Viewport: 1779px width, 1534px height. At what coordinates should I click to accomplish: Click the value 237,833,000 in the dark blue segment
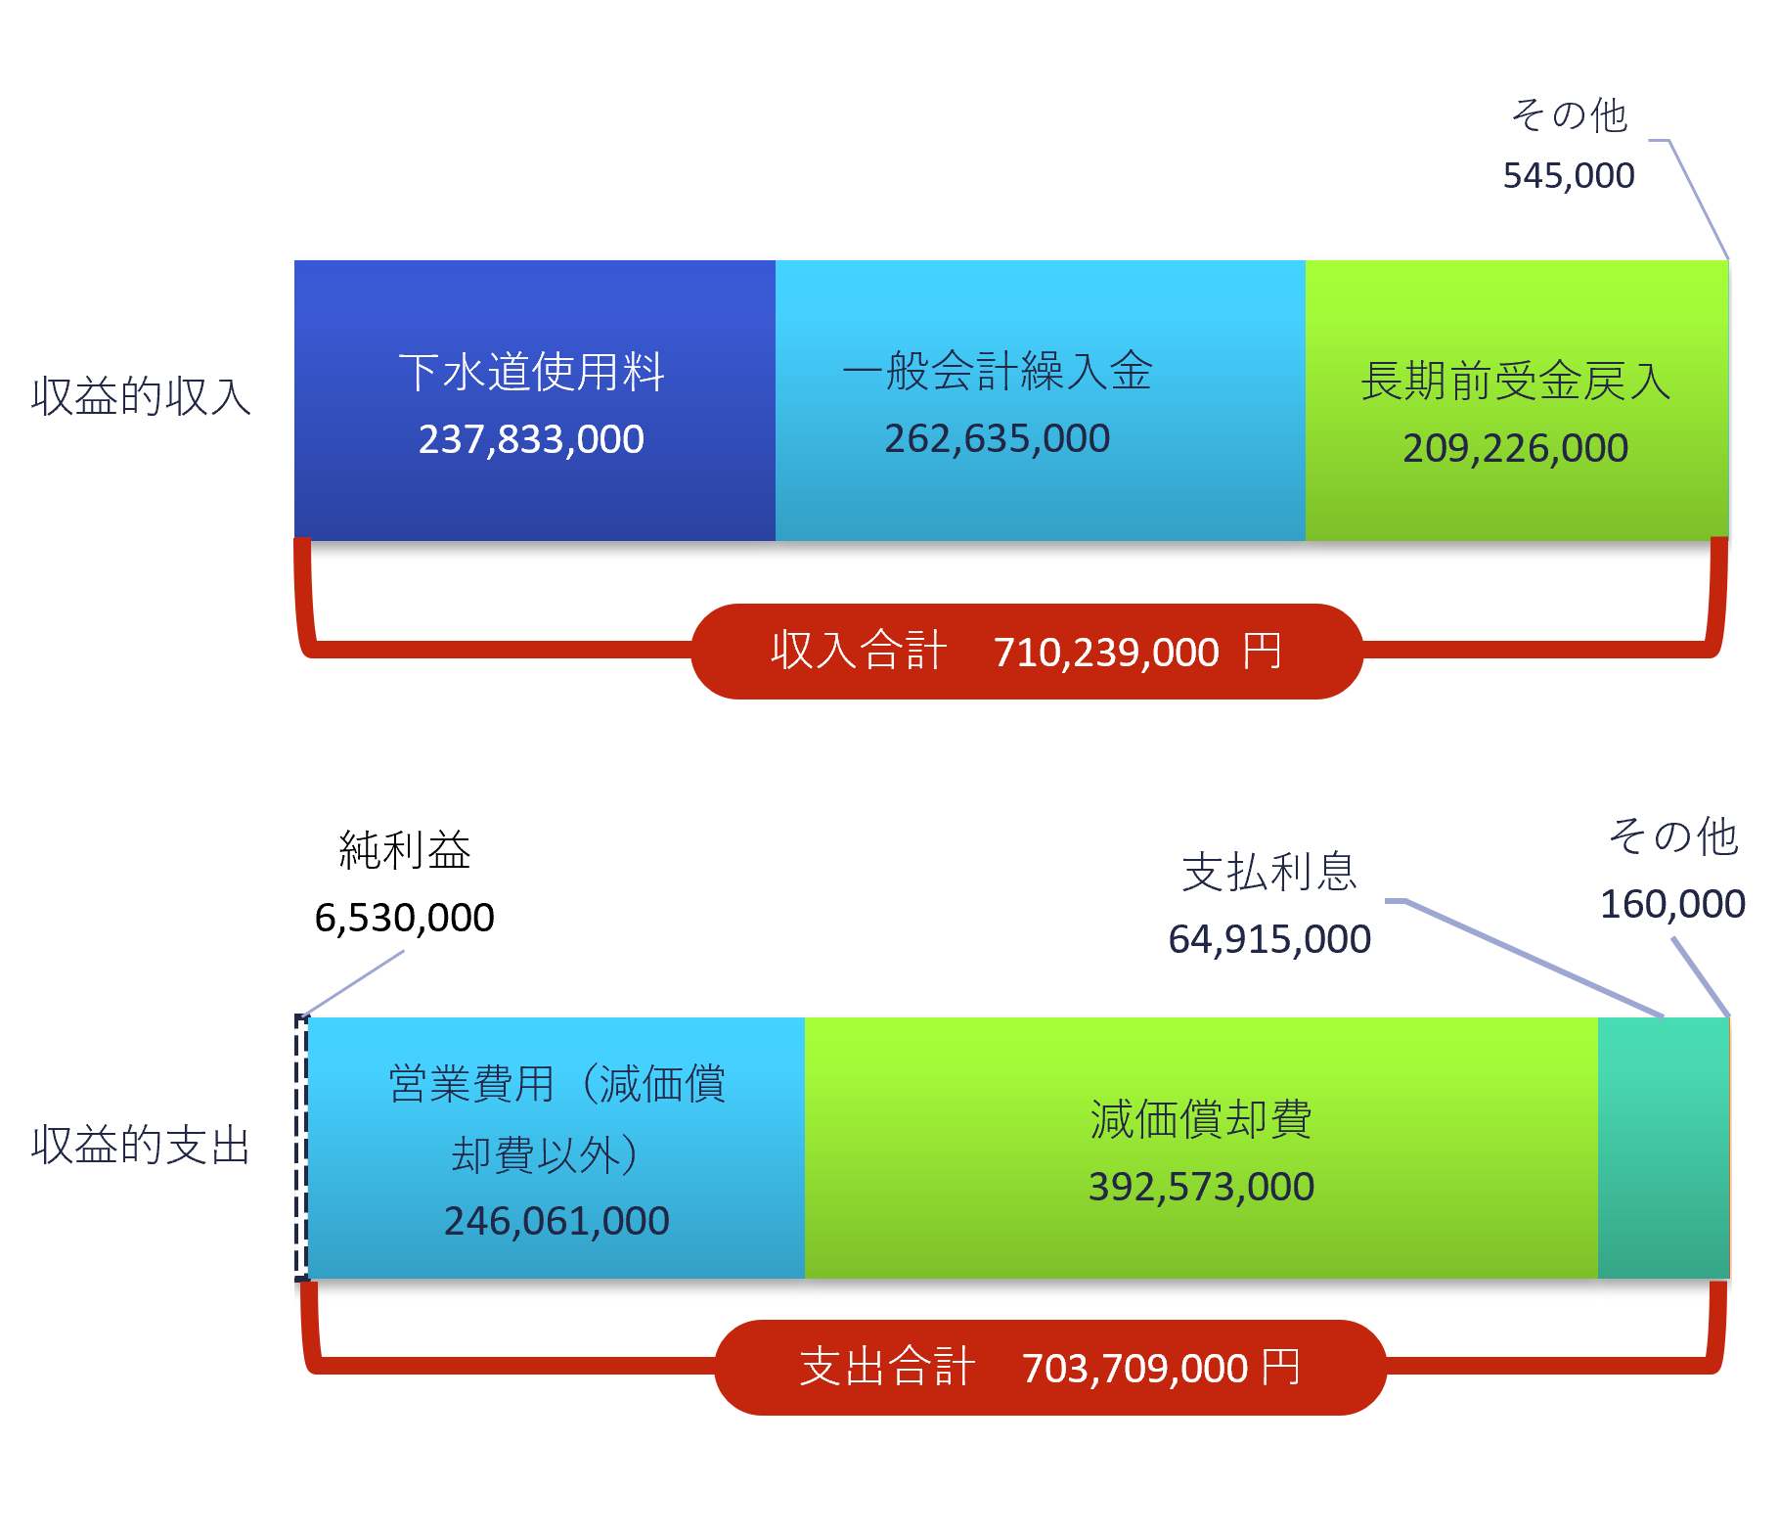click(x=531, y=439)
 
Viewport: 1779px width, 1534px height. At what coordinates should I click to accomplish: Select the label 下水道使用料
click(x=531, y=373)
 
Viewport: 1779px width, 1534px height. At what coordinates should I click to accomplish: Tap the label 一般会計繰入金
click(x=997, y=372)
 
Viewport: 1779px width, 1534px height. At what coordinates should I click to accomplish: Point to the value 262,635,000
click(x=997, y=438)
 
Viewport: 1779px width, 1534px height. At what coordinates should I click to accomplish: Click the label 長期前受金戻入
click(x=1515, y=381)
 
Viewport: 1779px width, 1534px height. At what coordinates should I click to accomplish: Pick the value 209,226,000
click(x=1515, y=448)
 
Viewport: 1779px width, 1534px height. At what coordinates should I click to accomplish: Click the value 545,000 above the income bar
click(x=1568, y=176)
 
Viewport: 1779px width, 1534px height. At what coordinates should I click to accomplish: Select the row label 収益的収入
click(x=141, y=396)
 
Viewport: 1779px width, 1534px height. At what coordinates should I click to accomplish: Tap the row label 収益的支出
click(x=141, y=1146)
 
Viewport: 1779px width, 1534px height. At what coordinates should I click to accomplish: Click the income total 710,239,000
click(x=1106, y=653)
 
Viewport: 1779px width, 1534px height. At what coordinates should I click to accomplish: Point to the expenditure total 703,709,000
click(x=1134, y=1369)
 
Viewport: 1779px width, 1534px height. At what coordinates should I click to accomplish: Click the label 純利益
click(x=405, y=850)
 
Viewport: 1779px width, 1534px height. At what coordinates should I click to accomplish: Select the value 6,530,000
click(x=404, y=918)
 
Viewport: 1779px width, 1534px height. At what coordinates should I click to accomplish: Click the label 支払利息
click(x=1269, y=872)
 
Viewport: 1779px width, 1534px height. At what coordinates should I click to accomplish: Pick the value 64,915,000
click(x=1269, y=939)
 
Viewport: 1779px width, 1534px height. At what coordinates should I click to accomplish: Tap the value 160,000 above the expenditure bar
click(x=1672, y=904)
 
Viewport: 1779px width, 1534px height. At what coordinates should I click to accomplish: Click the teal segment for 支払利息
click(x=1663, y=1148)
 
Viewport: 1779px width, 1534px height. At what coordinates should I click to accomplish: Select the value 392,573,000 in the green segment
click(x=1201, y=1187)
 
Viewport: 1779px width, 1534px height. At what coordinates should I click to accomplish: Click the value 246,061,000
click(x=556, y=1221)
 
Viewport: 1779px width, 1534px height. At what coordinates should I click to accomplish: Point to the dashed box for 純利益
click(x=302, y=1148)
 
